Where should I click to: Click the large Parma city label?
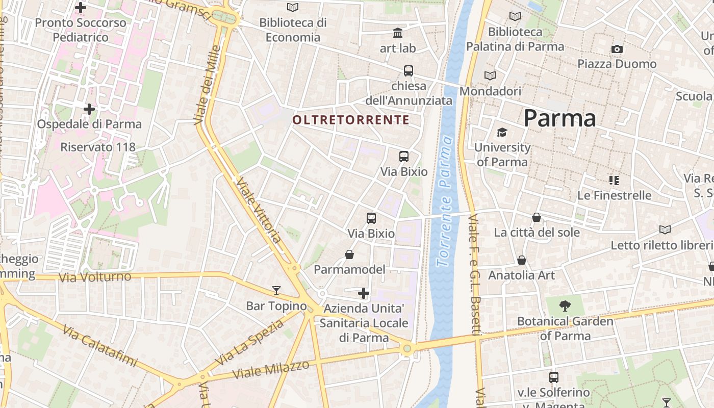pyautogui.click(x=559, y=118)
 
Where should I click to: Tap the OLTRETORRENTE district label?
pyautogui.click(x=351, y=120)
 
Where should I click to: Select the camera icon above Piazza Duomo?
pyautogui.click(x=617, y=49)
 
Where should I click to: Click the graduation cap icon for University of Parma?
pyautogui.click(x=502, y=133)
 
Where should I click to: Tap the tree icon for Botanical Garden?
pyautogui.click(x=565, y=306)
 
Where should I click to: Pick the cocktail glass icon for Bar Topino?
pyautogui.click(x=276, y=291)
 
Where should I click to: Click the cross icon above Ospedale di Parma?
pyautogui.click(x=89, y=109)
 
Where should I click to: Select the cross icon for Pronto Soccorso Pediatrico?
pyautogui.click(x=81, y=8)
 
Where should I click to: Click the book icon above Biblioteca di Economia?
pyautogui.click(x=293, y=7)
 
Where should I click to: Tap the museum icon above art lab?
pyautogui.click(x=398, y=33)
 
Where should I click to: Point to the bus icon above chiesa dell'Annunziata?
pyautogui.click(x=409, y=71)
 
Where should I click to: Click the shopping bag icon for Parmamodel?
pyautogui.click(x=349, y=254)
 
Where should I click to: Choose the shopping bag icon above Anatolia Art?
pyautogui.click(x=522, y=260)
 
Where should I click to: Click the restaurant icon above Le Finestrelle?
pyautogui.click(x=614, y=180)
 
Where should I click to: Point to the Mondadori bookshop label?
pyautogui.click(x=490, y=91)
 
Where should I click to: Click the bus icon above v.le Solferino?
pyautogui.click(x=554, y=377)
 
